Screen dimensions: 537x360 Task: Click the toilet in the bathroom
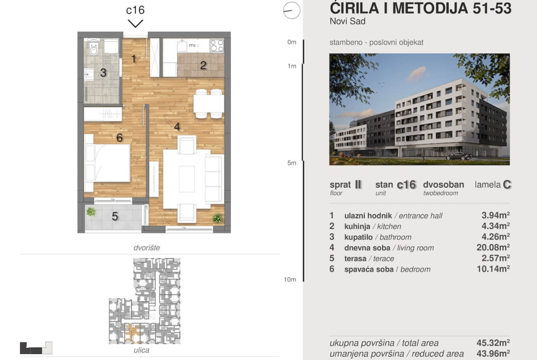tap(94, 48)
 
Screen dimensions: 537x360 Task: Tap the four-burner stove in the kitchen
tap(217, 45)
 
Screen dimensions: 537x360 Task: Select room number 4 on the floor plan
tap(177, 127)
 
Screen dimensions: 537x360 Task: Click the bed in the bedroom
tap(107, 163)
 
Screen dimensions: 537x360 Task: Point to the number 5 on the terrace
tap(115, 216)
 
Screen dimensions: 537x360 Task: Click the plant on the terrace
tap(91, 212)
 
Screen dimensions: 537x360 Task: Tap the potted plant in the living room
tap(217, 218)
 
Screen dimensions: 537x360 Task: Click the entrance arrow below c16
tap(135, 23)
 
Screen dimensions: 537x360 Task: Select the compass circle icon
tap(291, 10)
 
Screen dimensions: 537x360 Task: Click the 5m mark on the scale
tap(292, 163)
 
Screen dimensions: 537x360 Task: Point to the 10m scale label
tap(290, 280)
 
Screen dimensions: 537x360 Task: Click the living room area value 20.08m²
tap(493, 247)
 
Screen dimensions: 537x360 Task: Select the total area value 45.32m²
tap(493, 343)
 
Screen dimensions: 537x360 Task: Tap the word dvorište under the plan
tap(146, 248)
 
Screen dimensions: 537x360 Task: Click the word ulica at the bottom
tap(141, 350)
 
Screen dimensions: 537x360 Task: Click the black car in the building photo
tap(459, 156)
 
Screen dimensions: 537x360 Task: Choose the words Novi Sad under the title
tap(347, 21)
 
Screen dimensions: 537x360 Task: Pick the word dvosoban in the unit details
tap(443, 184)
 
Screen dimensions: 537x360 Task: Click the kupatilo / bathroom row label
tap(378, 237)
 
